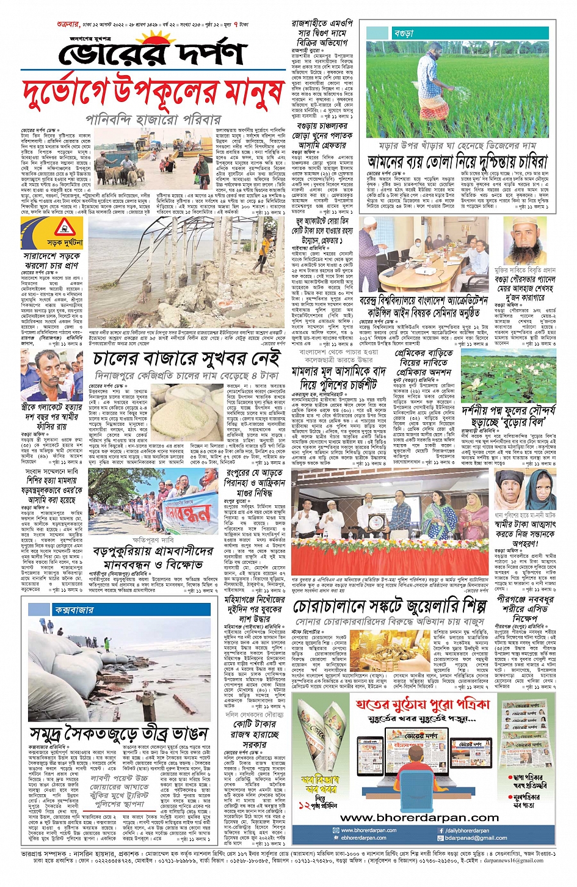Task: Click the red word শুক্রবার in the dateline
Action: pos(69,24)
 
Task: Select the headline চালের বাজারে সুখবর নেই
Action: pos(189,359)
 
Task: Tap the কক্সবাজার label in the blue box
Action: pos(74,610)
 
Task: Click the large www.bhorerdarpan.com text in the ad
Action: pos(419,817)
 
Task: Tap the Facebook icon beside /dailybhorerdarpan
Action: pos(441,831)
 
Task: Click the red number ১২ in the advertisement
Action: pos(305,806)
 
